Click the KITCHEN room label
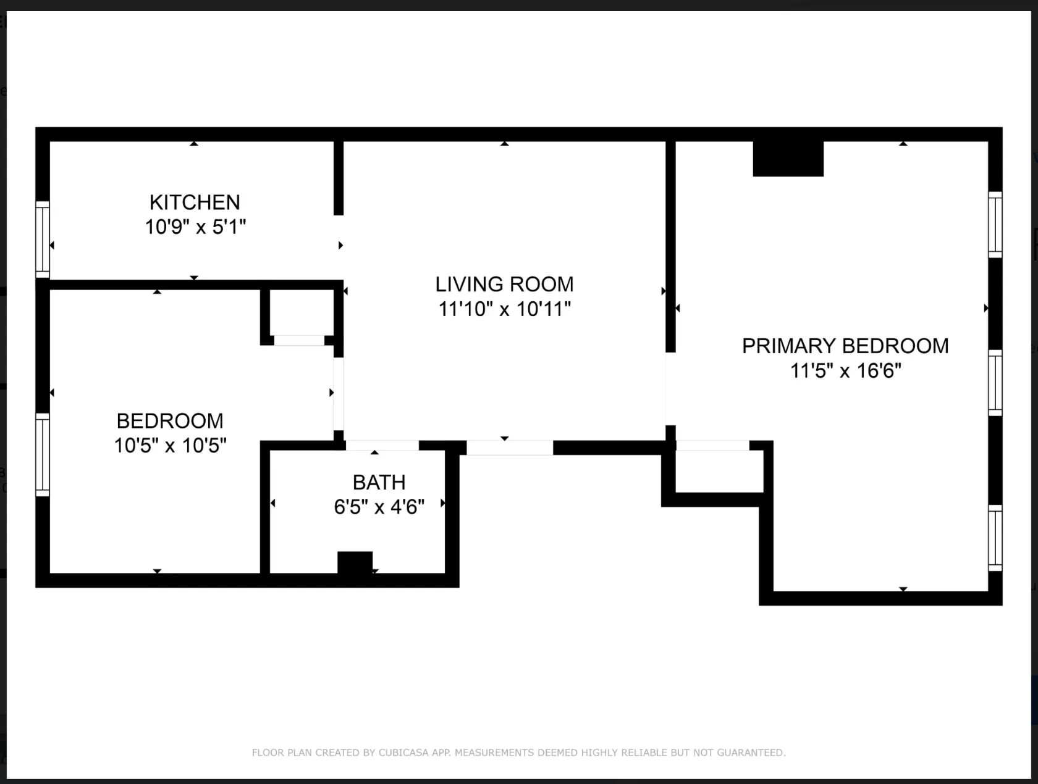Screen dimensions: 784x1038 (x=195, y=202)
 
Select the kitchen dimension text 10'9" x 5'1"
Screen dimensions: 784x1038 (x=195, y=227)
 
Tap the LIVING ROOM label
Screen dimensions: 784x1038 (x=504, y=284)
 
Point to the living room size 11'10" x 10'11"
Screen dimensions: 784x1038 (x=504, y=309)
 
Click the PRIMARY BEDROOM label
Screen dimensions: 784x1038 (x=845, y=346)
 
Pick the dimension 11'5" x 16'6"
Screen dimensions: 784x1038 (x=845, y=370)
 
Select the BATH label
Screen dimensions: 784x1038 (x=379, y=482)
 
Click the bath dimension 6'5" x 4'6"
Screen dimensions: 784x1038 (x=379, y=507)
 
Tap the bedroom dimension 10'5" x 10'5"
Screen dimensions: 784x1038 (x=170, y=445)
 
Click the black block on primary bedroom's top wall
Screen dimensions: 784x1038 (x=788, y=159)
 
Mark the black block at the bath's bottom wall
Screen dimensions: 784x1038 (x=355, y=562)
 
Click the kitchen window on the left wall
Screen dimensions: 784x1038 (x=42, y=240)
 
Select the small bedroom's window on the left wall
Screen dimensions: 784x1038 (x=42, y=454)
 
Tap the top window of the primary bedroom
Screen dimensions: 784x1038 (x=995, y=225)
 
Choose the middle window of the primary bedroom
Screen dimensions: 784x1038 (x=995, y=383)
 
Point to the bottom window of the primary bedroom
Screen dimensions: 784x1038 (x=995, y=538)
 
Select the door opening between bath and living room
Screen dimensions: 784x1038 (x=382, y=446)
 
